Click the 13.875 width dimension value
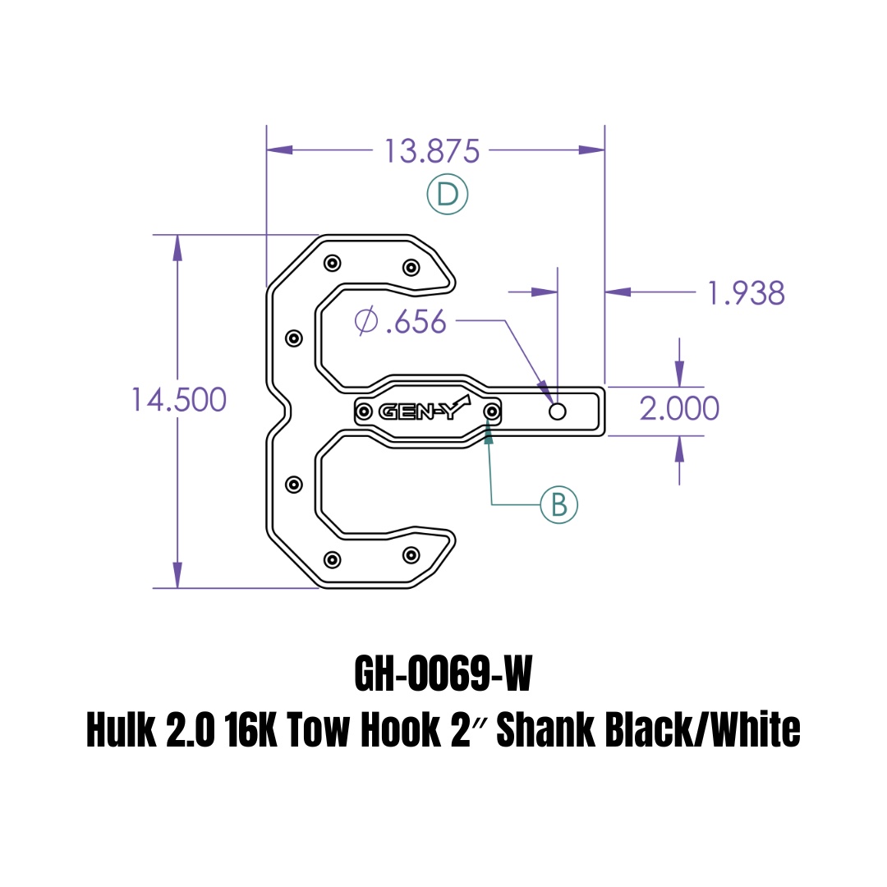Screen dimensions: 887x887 click(432, 151)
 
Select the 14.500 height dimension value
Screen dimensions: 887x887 click(178, 400)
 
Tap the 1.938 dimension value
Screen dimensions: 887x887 click(747, 292)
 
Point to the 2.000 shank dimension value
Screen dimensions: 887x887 click(679, 408)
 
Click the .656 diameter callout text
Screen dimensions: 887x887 click(416, 322)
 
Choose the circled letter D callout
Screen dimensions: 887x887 click(448, 195)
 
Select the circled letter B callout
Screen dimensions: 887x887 click(559, 504)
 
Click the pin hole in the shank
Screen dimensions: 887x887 click(558, 411)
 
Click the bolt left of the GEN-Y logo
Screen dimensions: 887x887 click(364, 411)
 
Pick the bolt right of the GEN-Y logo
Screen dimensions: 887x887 click(491, 411)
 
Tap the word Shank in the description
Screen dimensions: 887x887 click(545, 730)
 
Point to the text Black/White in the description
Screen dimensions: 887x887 click(702, 730)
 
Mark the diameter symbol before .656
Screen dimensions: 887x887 click(365, 321)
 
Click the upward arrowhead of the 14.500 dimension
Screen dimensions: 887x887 click(177, 247)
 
